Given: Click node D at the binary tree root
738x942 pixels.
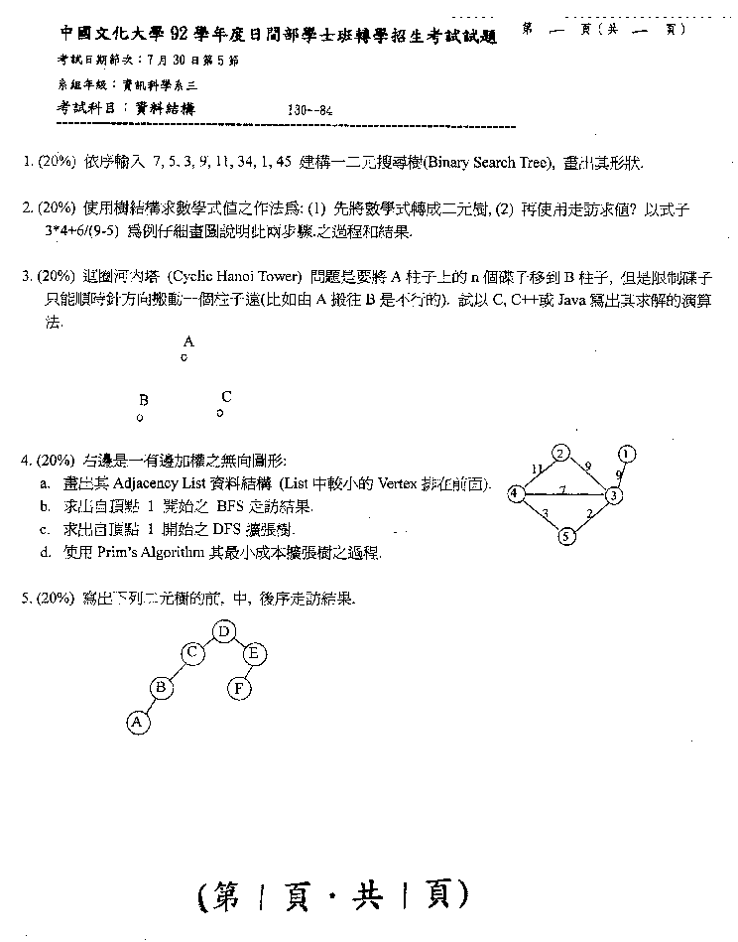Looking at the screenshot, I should click(x=225, y=631).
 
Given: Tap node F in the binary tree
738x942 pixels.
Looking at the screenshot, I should click(x=239, y=687).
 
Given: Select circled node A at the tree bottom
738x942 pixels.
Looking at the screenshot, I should click(x=138, y=724).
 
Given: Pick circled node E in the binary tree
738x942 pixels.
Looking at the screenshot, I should click(x=253, y=653).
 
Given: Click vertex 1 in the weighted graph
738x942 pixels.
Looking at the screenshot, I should click(x=626, y=455).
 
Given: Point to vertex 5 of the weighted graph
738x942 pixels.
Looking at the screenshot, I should click(x=566, y=537).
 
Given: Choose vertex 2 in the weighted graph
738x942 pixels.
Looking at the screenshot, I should click(x=560, y=454).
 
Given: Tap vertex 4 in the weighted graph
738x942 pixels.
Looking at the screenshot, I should click(x=515, y=493).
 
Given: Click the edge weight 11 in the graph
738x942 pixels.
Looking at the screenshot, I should click(x=537, y=468).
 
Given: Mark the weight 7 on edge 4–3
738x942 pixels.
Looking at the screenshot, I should click(x=561, y=489).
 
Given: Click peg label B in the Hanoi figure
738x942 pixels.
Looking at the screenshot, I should click(x=143, y=400).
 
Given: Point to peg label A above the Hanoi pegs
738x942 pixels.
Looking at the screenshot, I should click(x=188, y=341).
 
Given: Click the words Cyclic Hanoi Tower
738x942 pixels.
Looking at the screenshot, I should click(x=249, y=275).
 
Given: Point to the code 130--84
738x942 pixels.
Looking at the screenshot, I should click(x=308, y=111).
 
